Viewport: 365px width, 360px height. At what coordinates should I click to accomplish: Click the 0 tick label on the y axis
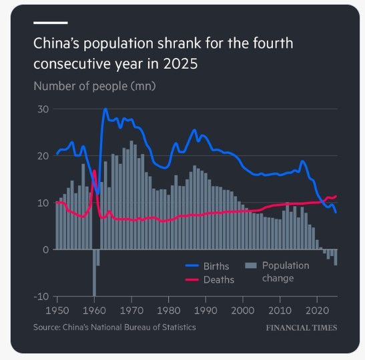(45, 249)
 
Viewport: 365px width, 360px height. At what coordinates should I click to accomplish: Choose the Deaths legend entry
(219, 279)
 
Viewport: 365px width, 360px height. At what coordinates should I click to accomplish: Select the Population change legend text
(285, 271)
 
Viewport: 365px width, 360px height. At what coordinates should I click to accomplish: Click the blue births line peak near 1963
(105, 109)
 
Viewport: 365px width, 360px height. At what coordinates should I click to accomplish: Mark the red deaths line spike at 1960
(94, 172)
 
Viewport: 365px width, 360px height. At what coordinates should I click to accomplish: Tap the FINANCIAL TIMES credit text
(301, 328)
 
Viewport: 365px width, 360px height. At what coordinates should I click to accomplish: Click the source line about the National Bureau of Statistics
(115, 327)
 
